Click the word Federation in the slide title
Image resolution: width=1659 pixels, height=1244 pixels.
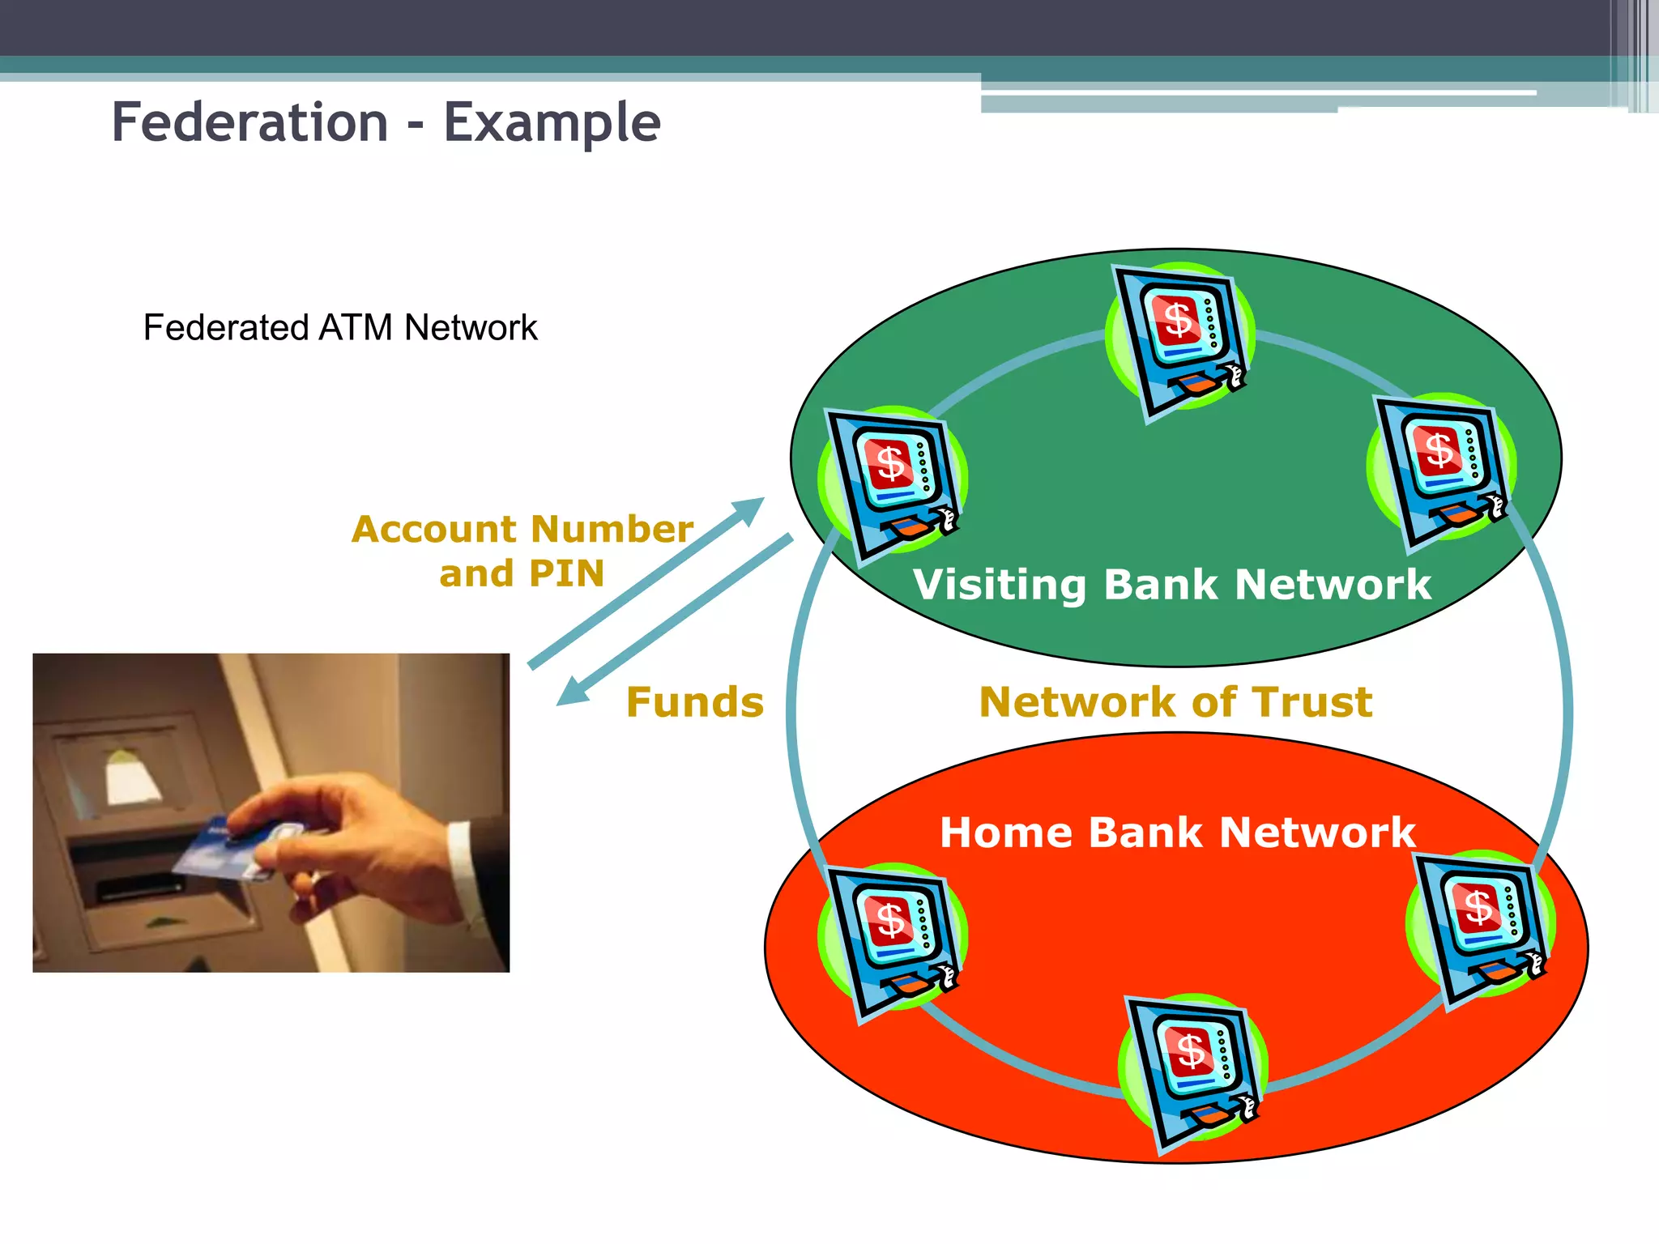click(x=249, y=123)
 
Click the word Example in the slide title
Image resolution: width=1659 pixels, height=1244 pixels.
click(x=552, y=123)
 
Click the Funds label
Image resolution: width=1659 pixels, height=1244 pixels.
click(x=694, y=702)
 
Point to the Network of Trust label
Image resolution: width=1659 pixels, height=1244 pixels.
click(x=1175, y=702)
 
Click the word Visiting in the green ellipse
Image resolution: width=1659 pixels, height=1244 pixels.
click(x=999, y=585)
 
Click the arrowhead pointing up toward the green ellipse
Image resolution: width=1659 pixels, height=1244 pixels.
click(x=748, y=509)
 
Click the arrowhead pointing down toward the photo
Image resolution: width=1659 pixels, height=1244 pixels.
click(x=572, y=693)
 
